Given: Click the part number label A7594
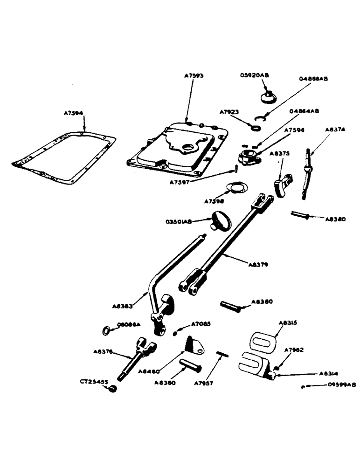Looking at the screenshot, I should coord(74,113).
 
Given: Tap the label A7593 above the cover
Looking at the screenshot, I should coord(194,75).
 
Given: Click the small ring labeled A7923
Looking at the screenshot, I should coord(255,126).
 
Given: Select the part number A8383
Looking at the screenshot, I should coord(123,306).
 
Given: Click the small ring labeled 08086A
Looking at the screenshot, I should coord(107,331).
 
